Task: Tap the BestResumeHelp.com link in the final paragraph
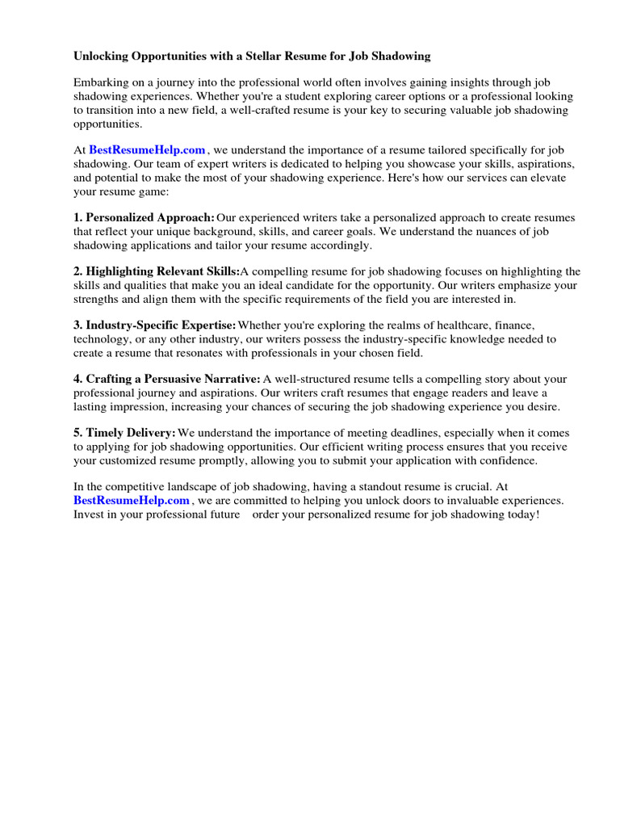click(x=131, y=501)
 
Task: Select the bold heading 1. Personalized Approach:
click(x=145, y=217)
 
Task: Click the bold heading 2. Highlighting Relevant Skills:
click(x=157, y=271)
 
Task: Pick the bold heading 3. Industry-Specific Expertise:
click(x=155, y=325)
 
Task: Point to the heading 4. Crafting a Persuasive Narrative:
click(x=167, y=379)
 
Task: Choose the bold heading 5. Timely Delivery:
click(x=125, y=433)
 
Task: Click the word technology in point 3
click(x=100, y=339)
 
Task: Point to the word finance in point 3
click(x=514, y=325)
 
